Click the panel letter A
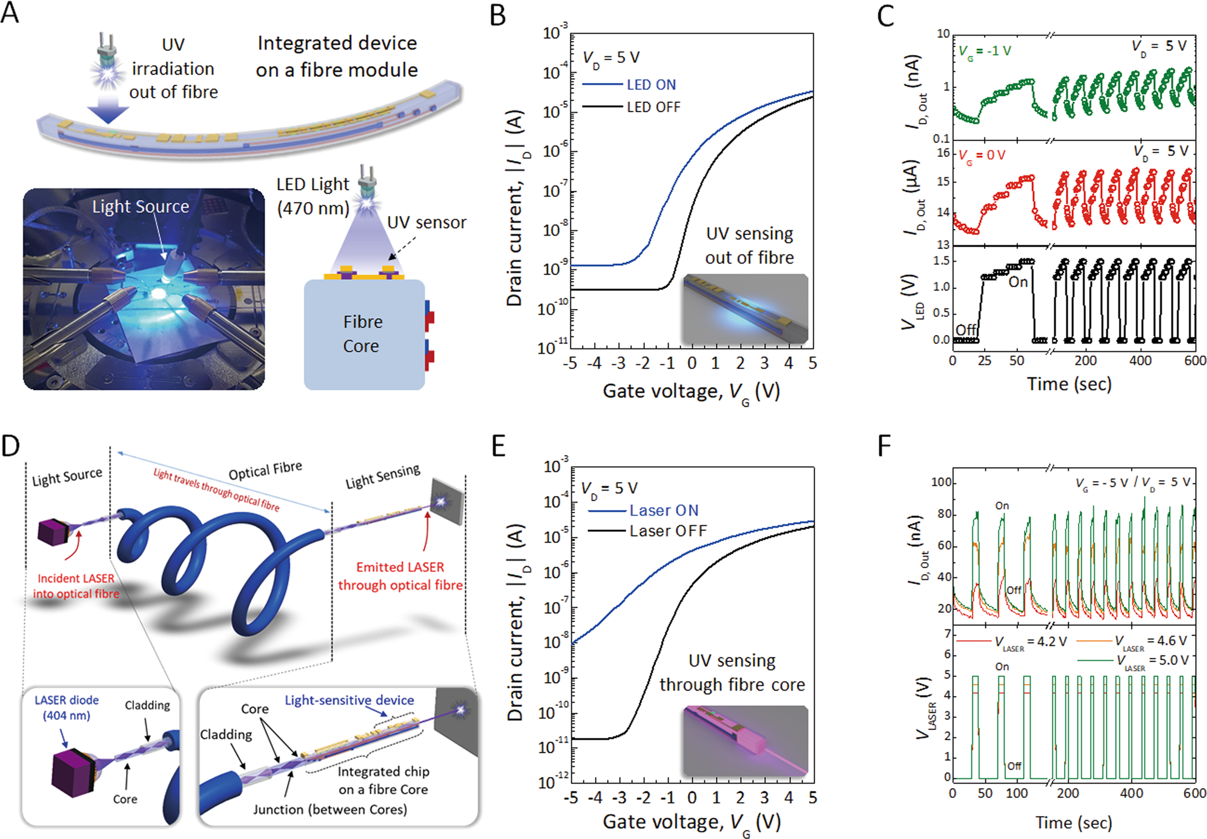10,13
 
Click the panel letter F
884,446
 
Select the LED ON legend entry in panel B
650,85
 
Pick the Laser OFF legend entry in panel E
667,531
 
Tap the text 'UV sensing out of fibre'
749,245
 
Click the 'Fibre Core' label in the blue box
362,334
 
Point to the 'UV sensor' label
426,223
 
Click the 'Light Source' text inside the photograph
141,207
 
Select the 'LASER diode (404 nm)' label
67,708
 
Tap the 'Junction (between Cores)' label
330,809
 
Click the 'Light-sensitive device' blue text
349,700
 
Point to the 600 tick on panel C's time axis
1195,361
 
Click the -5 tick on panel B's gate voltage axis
570,363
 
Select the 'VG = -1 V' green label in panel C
985,51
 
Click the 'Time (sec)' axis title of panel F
1073,823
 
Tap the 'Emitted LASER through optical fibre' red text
400,576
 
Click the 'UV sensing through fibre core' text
732,672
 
